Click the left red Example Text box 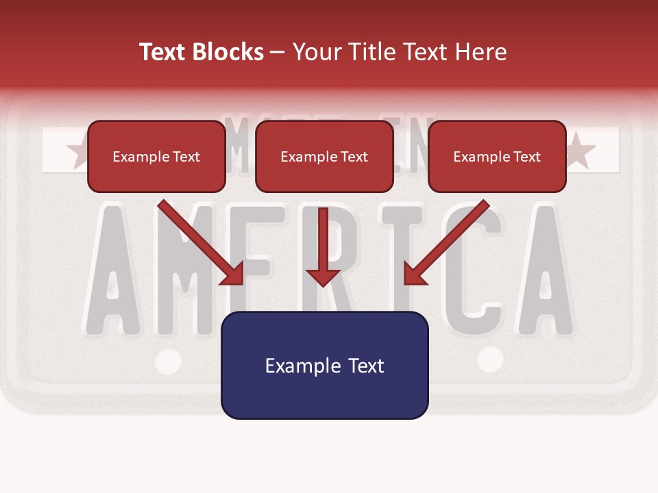(156, 157)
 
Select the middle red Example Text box (324, 157)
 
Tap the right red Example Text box (497, 157)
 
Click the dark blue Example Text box (325, 365)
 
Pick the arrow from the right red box (446, 243)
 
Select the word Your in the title (315, 52)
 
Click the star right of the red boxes (581, 151)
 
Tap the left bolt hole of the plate (168, 360)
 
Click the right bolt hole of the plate (489, 358)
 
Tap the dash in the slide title (277, 52)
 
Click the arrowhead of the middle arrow (324, 277)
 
